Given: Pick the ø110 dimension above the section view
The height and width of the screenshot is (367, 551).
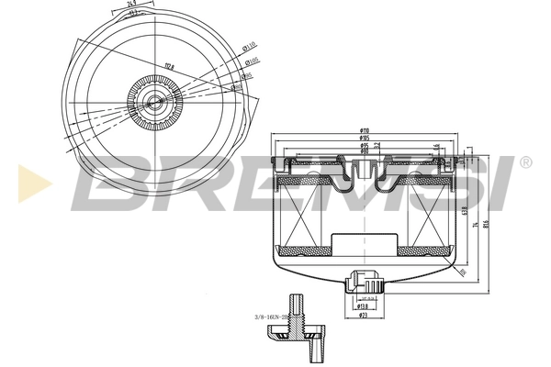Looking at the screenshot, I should click(x=365, y=130).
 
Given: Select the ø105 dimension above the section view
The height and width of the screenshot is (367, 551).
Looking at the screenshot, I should click(x=365, y=138).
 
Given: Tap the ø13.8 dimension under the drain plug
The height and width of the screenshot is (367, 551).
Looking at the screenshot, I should click(x=365, y=306).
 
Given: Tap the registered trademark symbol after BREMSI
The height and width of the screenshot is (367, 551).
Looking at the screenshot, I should click(x=524, y=162).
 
